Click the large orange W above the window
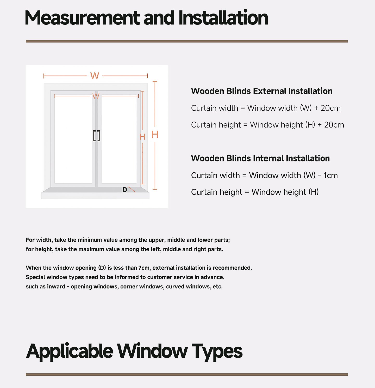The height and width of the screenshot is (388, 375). coord(95,76)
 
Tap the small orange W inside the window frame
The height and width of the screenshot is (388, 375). coord(96,96)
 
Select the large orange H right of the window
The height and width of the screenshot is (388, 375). coord(155,135)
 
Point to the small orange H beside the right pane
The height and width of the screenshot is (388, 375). coord(142,137)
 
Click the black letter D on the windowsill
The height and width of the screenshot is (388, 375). coord(125,190)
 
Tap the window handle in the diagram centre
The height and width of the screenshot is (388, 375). coord(97,136)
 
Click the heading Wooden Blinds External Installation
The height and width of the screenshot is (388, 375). coord(262,91)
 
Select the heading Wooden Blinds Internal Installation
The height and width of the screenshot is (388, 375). coord(260,158)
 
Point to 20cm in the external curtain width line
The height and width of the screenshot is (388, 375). coord(330,108)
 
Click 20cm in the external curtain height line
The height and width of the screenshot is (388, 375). coord(334,125)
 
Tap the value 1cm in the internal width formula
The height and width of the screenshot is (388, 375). coord(331,175)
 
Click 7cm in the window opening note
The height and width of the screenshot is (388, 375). coord(144,268)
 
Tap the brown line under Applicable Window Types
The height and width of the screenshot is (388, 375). coord(187,375)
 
